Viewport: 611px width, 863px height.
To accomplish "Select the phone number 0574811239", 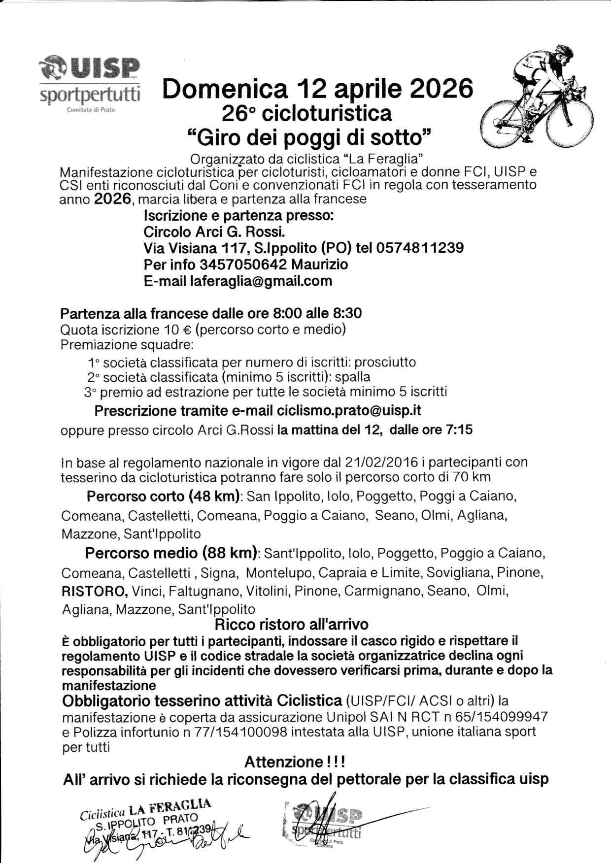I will [419, 247].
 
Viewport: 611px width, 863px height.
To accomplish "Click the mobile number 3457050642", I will [243, 265].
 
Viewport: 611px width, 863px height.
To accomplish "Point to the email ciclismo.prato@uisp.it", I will [349, 410].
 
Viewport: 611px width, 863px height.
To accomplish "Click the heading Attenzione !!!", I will [295, 762].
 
